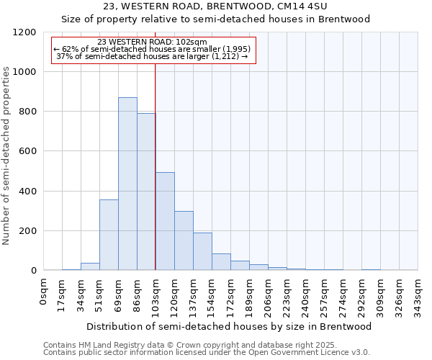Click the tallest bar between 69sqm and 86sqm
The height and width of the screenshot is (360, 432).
(x=127, y=184)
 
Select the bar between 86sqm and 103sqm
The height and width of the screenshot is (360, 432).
(x=146, y=192)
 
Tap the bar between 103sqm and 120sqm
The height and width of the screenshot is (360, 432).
(x=165, y=221)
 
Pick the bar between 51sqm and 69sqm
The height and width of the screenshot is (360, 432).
(x=109, y=235)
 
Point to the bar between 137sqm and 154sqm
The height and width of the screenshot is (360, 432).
(x=202, y=251)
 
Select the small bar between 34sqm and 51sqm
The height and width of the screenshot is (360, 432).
(x=90, y=266)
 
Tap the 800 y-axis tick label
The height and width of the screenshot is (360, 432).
(x=28, y=112)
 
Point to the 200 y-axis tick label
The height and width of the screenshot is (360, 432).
(x=28, y=231)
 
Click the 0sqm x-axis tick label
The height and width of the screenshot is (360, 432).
(x=44, y=291)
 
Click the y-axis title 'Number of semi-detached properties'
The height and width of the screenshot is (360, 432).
(x=7, y=151)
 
